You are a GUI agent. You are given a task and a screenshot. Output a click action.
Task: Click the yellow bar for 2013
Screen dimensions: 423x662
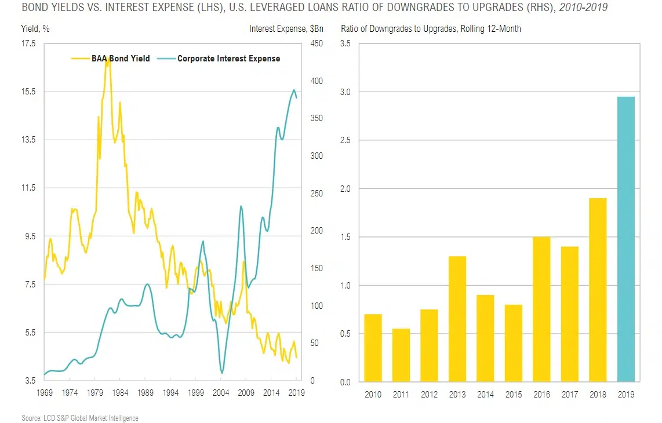[x=457, y=319]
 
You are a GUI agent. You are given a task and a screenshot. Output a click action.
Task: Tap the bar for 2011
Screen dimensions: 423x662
[x=401, y=355]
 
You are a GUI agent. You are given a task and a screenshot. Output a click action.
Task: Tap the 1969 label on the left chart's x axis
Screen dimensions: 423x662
[x=45, y=392]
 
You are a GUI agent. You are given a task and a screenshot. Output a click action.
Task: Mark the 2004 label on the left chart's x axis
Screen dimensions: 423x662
[x=221, y=392]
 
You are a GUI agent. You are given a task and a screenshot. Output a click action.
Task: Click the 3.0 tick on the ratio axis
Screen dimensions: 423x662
[x=346, y=92]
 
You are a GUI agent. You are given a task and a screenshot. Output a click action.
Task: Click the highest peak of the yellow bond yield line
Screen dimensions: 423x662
[x=108, y=57]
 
